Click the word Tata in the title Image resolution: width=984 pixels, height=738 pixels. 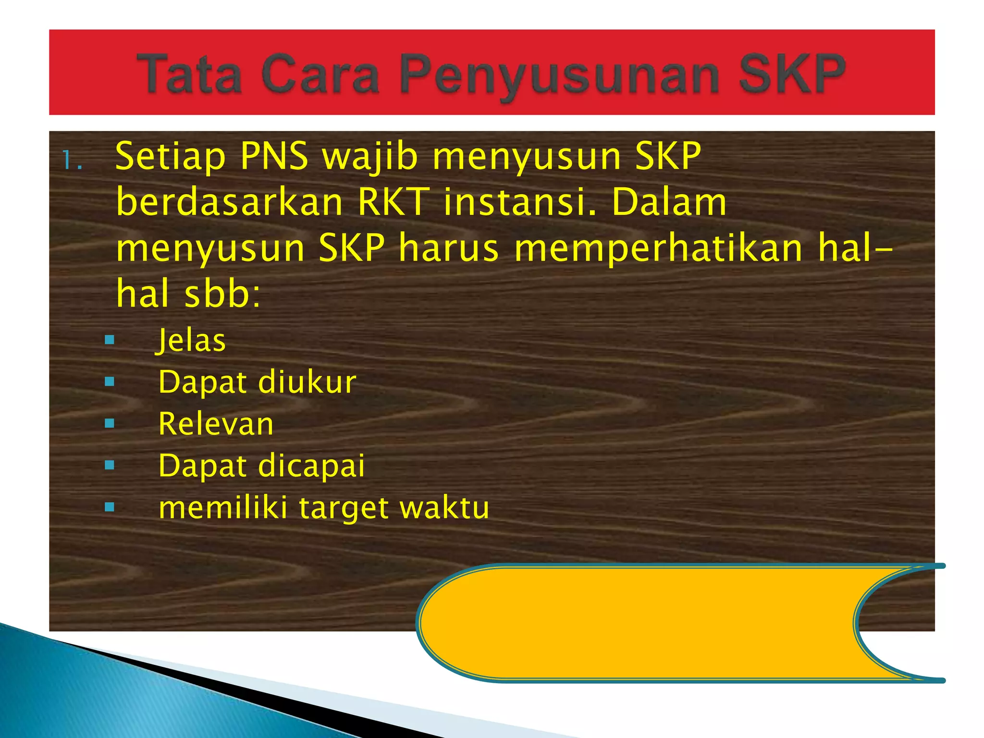point(189,74)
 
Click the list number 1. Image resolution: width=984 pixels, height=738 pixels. point(72,161)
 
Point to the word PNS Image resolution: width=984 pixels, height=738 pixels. point(274,156)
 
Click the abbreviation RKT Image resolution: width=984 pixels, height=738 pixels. point(393,202)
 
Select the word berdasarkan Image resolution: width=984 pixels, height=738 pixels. point(230,202)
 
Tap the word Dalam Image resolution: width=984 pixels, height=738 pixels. point(669,202)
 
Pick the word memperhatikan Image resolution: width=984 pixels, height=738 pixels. point(658,249)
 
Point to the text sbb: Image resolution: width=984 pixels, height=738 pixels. point(222,294)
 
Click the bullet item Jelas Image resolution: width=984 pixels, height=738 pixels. point(191,341)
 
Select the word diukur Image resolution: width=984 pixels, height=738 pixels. point(307,382)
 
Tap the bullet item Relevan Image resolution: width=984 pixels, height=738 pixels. point(216,424)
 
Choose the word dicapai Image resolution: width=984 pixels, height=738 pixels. point(311,466)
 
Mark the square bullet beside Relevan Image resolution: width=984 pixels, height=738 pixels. point(110,424)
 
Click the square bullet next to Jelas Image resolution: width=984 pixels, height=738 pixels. point(110,341)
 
